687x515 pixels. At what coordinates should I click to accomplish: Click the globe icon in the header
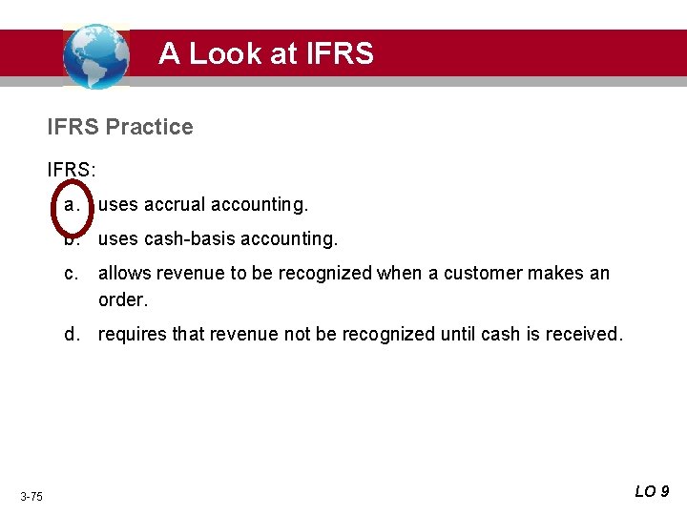pyautogui.click(x=95, y=56)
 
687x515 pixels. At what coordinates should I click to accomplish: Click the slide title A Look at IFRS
pyautogui.click(x=266, y=53)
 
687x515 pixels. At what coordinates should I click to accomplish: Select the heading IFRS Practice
pyautogui.click(x=120, y=127)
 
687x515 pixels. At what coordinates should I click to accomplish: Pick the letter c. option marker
pyautogui.click(x=71, y=274)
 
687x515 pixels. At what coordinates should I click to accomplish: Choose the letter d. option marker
pyautogui.click(x=71, y=334)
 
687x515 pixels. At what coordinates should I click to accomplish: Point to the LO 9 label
pyautogui.click(x=652, y=492)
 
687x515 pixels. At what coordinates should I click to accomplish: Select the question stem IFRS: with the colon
pyautogui.click(x=72, y=170)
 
